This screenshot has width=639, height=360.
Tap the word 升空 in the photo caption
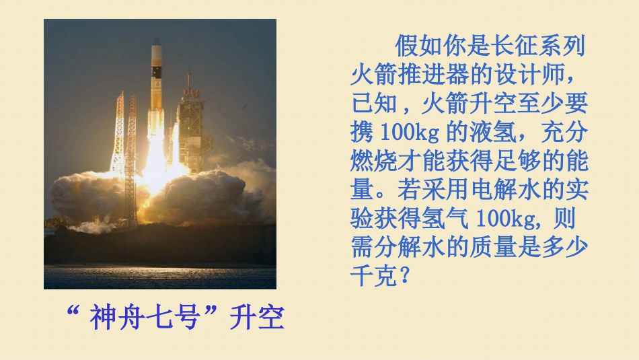(257, 318)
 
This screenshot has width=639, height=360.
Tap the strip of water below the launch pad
(159, 277)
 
